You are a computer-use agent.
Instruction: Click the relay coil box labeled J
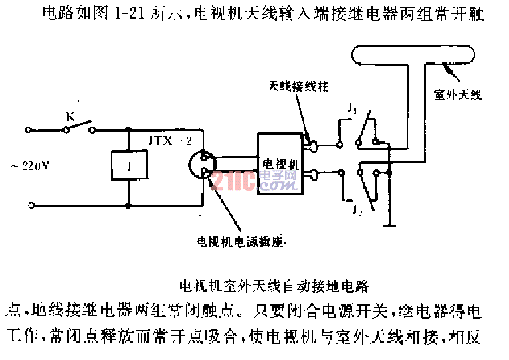[126, 165]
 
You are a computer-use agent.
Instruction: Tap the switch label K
[69, 117]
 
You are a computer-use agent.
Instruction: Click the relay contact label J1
[352, 108]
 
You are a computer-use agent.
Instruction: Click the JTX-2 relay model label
[169, 141]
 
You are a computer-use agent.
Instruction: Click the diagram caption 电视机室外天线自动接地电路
[274, 286]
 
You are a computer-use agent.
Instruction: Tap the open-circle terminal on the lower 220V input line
[29, 203]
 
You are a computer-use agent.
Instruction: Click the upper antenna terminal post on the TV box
[311, 142]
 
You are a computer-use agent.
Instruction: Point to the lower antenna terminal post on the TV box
[311, 175]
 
